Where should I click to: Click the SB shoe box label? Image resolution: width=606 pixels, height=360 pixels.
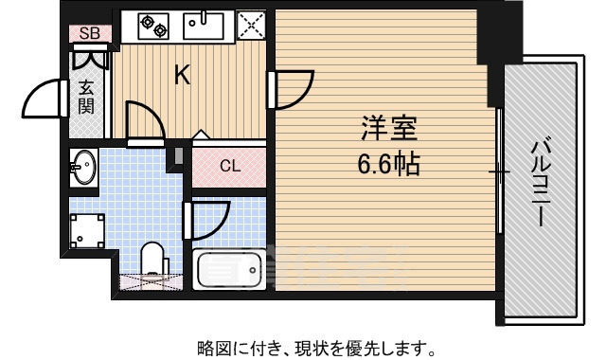pos(90,34)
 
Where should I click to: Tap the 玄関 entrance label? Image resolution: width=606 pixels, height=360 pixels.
pos(86,96)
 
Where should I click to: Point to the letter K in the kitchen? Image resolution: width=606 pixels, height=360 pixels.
pos(182,75)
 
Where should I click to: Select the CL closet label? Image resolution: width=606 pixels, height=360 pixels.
pos(230,167)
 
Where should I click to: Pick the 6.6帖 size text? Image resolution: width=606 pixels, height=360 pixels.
pos(388,162)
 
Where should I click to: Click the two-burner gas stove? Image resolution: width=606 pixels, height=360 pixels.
pos(152,25)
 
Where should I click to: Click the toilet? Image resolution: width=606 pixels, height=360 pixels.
pos(152,261)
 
